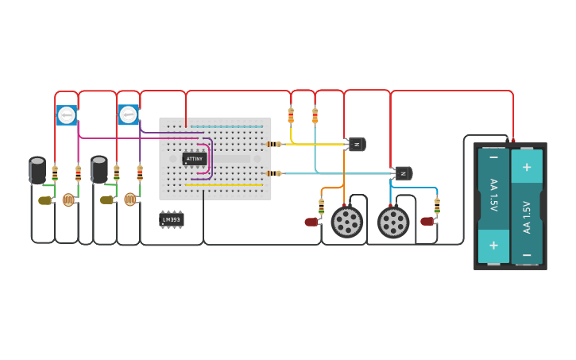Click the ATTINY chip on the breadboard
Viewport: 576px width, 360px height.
[194, 158]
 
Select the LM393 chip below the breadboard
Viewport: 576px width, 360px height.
[171, 219]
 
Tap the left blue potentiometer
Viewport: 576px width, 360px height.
[67, 115]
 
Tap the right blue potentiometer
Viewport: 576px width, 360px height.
[128, 114]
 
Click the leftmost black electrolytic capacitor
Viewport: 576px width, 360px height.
[37, 170]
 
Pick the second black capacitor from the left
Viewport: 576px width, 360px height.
[99, 169]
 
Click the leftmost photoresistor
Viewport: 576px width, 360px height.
[69, 199]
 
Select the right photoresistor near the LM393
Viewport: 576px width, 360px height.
[130, 199]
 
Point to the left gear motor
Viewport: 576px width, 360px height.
[346, 222]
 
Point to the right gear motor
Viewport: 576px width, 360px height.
[393, 223]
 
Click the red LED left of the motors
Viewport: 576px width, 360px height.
[311, 223]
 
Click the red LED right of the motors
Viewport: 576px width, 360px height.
[427, 221]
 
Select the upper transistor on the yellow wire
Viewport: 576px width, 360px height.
[357, 144]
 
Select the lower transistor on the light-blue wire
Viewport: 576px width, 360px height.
[404, 173]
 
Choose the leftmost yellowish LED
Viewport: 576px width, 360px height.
[44, 200]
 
